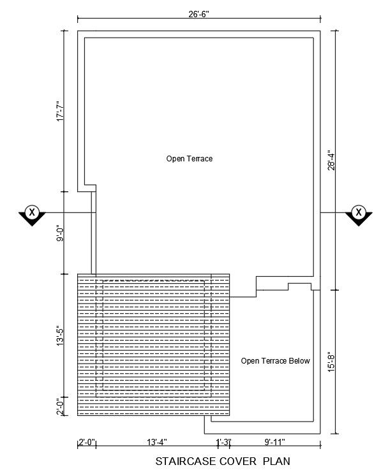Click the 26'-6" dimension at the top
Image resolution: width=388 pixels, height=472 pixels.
(x=199, y=14)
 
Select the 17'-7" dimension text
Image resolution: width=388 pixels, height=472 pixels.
(x=61, y=113)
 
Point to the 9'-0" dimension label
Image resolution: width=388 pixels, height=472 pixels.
(x=61, y=234)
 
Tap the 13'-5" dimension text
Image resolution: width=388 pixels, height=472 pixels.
(x=61, y=337)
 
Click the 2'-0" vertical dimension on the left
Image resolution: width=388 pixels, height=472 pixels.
(x=61, y=406)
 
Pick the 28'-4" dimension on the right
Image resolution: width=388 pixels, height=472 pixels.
(x=331, y=161)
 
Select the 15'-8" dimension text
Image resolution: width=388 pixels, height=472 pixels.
(x=331, y=362)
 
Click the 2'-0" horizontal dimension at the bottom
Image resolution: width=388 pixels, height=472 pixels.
(x=87, y=442)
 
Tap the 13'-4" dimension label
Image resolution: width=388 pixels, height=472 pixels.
(x=157, y=442)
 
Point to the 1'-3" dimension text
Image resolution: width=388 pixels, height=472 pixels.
(x=224, y=442)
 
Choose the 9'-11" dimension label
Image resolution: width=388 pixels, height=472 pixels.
(x=275, y=442)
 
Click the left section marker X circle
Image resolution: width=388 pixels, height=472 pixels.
(x=32, y=212)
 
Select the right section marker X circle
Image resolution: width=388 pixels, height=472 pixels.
(x=359, y=212)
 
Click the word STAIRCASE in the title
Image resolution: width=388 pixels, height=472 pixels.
(x=186, y=461)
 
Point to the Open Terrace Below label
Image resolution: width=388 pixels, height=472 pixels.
(x=275, y=360)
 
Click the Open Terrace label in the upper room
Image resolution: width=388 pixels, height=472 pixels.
(x=190, y=159)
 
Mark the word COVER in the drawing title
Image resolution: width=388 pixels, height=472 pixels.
(x=238, y=461)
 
